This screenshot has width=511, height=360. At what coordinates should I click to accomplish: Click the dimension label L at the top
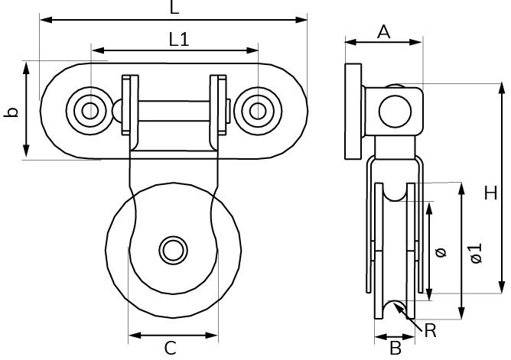tap(174, 8)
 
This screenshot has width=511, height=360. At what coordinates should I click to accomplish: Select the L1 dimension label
tap(178, 40)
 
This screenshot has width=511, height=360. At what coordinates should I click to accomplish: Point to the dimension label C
tap(171, 348)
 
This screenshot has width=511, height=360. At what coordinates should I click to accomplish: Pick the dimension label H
tap(490, 195)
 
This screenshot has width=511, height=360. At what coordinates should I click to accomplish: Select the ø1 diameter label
tap(475, 252)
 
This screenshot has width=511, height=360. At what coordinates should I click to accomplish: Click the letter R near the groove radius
tap(431, 331)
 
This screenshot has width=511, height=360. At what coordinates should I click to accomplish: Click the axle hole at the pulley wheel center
tap(173, 250)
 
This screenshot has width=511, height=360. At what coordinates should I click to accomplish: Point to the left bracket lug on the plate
tap(129, 111)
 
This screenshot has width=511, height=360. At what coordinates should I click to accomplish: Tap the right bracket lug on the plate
tap(219, 111)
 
